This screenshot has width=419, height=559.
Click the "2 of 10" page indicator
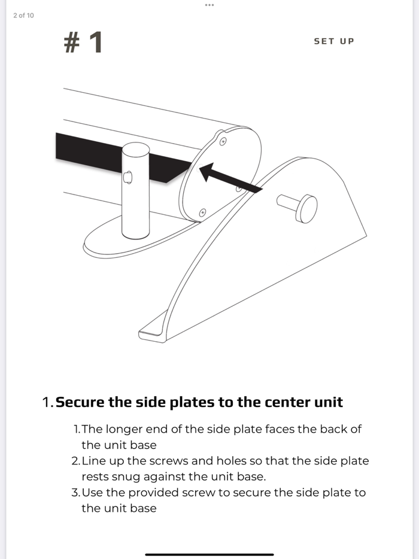pyautogui.click(x=23, y=16)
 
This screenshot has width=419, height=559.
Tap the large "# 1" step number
pyautogui.click(x=83, y=42)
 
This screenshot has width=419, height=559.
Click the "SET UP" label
pyautogui.click(x=334, y=41)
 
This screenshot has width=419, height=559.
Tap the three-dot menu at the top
pyautogui.click(x=209, y=5)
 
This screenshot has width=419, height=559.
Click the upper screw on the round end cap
pyautogui.click(x=223, y=141)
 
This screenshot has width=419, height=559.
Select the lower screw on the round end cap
pyautogui.click(x=202, y=213)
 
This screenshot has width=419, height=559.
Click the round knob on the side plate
pyautogui.click(x=308, y=209)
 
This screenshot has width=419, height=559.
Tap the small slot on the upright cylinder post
pyautogui.click(x=127, y=177)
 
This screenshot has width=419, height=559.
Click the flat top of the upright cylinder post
pyautogui.click(x=135, y=148)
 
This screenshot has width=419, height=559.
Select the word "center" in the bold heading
pyautogui.click(x=287, y=403)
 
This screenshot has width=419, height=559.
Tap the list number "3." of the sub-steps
pyautogui.click(x=75, y=493)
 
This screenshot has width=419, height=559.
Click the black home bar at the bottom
pyautogui.click(x=209, y=554)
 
